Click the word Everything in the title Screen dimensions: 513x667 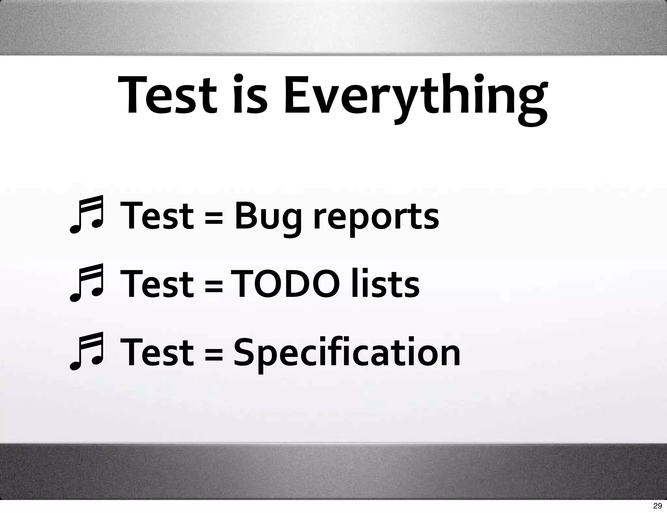pos(415,96)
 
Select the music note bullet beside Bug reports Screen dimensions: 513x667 pos(87,215)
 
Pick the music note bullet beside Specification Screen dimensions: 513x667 pos(87,351)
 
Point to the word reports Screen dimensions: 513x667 pos(376,217)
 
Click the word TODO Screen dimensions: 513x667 pos(285,284)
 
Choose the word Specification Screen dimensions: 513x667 pos(347,353)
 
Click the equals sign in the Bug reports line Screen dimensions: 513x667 pos(214,217)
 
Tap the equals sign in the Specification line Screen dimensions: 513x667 pos(214,354)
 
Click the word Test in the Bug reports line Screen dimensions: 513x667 pos(157,216)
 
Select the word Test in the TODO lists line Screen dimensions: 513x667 pos(157,284)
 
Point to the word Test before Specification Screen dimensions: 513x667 pos(157,353)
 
